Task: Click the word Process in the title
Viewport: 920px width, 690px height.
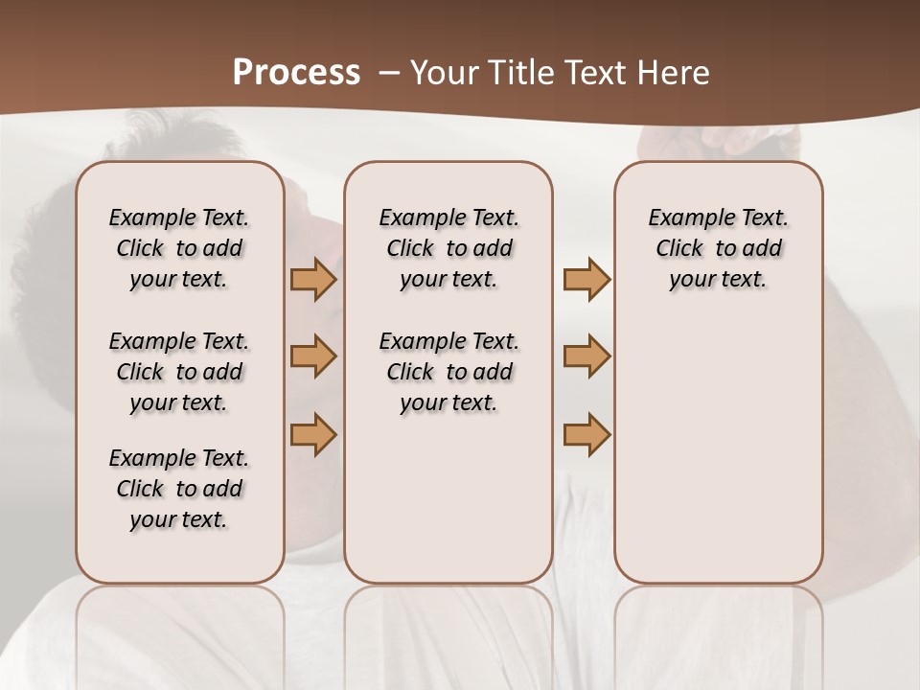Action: [x=296, y=73]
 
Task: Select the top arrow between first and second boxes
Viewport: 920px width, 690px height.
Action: [x=313, y=280]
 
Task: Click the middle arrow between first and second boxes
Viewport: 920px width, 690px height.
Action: [x=313, y=356]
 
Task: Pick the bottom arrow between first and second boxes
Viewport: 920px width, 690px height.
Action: [x=313, y=434]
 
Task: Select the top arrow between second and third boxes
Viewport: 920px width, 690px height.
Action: [x=586, y=280]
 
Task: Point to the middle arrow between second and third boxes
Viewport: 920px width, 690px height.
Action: [x=586, y=356]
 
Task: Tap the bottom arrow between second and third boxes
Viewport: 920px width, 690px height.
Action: [x=586, y=434]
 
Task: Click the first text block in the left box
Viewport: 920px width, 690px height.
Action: [x=179, y=248]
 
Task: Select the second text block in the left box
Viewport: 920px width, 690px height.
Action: [x=179, y=372]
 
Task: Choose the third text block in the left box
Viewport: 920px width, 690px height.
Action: [x=179, y=489]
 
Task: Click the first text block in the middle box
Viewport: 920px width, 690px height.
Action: [x=448, y=248]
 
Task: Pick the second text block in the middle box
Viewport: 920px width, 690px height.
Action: [x=448, y=372]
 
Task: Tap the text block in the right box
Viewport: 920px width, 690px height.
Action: [x=718, y=248]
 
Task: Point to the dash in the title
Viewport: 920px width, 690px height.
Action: [x=389, y=73]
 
